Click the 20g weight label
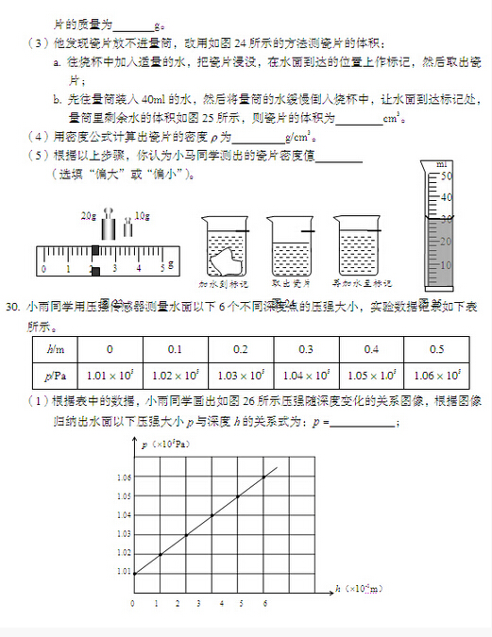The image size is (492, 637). (x=90, y=216)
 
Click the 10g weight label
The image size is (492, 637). (x=143, y=216)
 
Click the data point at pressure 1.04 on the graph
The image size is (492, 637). (x=212, y=515)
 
